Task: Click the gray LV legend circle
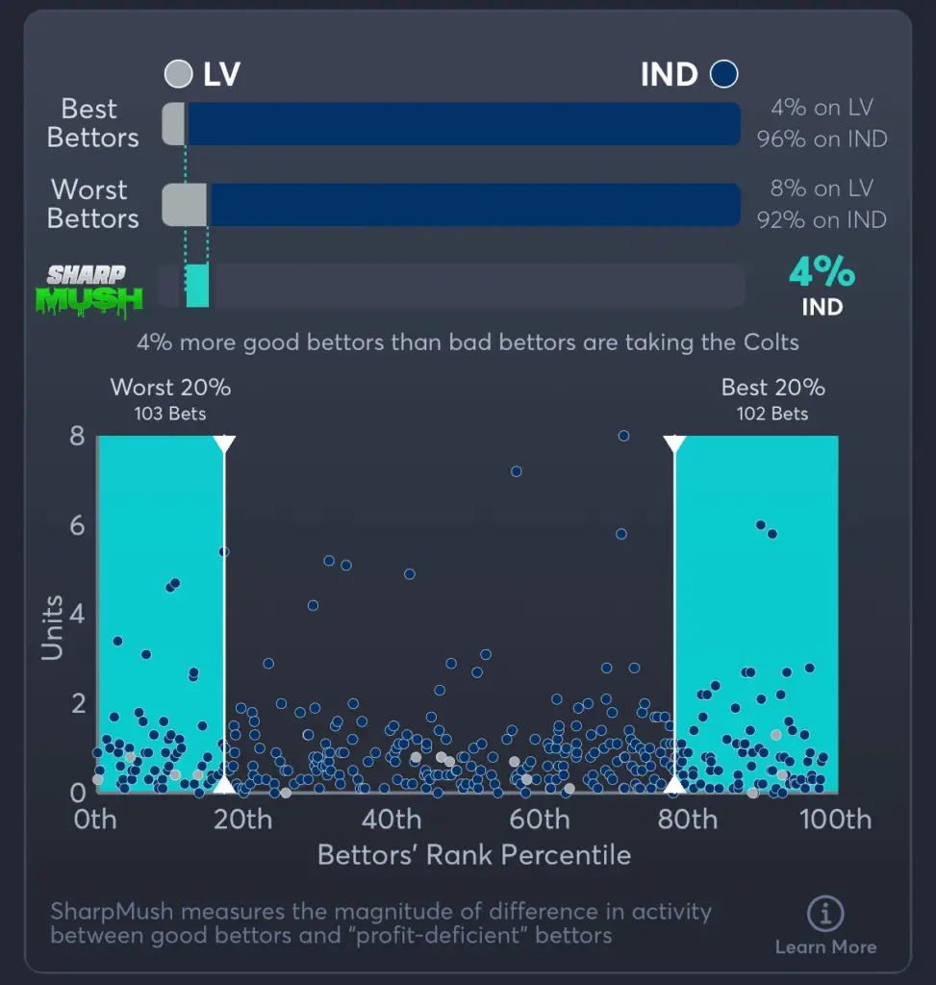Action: coord(179,74)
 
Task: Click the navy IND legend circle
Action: coord(723,74)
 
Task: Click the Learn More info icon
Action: coord(825,913)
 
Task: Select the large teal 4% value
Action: coord(822,273)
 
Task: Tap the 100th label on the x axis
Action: coord(837,820)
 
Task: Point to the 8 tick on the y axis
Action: coord(77,437)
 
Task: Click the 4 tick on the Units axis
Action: coord(77,614)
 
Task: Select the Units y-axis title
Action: coord(52,628)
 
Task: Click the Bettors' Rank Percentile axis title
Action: coord(474,855)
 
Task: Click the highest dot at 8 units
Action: coord(623,436)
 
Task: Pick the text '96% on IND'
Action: coord(822,139)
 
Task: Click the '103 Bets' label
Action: coord(170,414)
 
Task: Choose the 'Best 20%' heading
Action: coord(773,388)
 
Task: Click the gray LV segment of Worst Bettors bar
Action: coord(185,205)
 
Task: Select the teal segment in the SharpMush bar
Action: coord(197,286)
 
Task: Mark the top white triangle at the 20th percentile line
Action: coord(224,443)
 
